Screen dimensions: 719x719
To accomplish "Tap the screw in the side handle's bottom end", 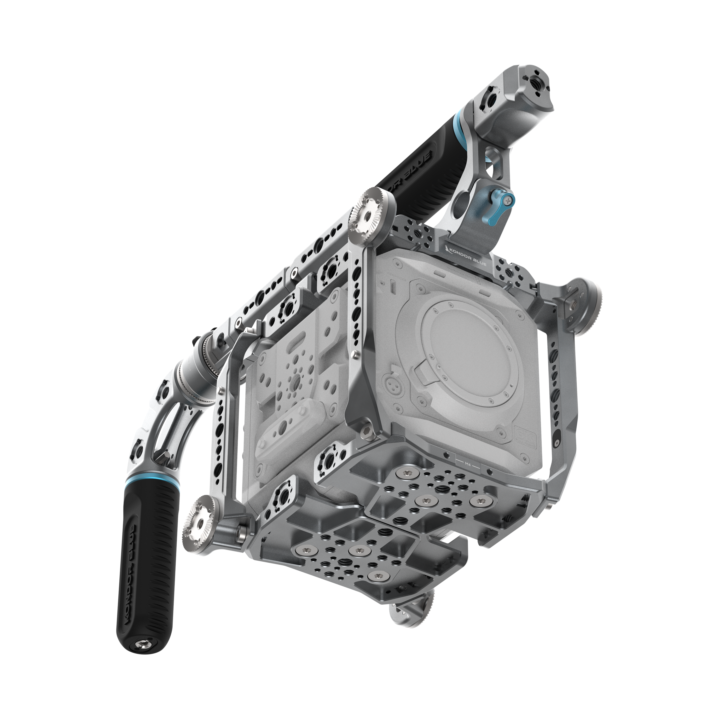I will click(143, 644).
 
